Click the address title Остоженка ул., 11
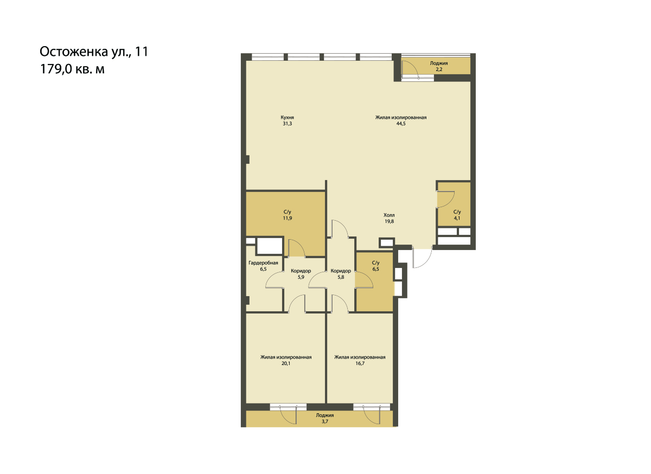(94, 52)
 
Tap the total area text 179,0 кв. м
(72, 69)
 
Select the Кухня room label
(287, 117)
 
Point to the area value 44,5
(401, 124)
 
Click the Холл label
(389, 215)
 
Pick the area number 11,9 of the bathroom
(288, 218)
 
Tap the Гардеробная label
(263, 263)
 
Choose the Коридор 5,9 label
(301, 274)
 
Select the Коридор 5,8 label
(341, 274)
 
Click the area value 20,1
(286, 363)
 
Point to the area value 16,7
(360, 363)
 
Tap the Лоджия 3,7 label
(325, 419)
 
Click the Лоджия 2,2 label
(439, 66)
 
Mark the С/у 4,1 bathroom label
(457, 215)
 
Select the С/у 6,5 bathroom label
(376, 266)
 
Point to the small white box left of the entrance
(386, 242)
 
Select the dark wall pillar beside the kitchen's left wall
(247, 159)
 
